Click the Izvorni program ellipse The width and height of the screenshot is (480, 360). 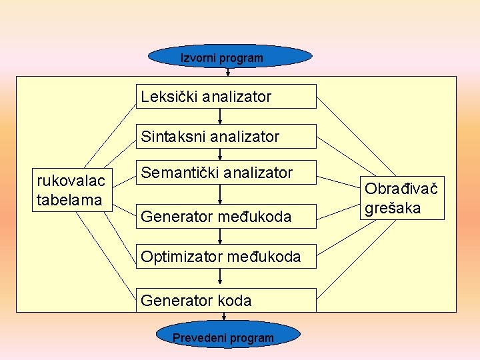pyautogui.click(x=229, y=57)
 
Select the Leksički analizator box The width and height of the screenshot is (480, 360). pyautogui.click(x=226, y=97)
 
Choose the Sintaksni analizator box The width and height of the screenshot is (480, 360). pyautogui.click(x=226, y=137)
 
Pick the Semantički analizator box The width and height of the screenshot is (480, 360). pyautogui.click(x=226, y=173)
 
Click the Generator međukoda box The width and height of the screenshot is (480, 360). pyautogui.click(x=226, y=216)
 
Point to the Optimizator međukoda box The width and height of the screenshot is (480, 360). pyautogui.click(x=226, y=257)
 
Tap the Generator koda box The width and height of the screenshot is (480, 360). pyautogui.click(x=226, y=300)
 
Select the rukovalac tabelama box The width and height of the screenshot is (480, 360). pyautogui.click(x=70, y=190)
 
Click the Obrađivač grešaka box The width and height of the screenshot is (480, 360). pyautogui.click(x=403, y=198)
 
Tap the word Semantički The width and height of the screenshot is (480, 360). pyautogui.click(x=180, y=173)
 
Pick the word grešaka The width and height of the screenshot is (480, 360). pyautogui.click(x=393, y=208)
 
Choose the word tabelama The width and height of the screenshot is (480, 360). pyautogui.click(x=70, y=199)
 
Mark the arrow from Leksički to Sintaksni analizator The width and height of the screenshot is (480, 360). pyautogui.click(x=220, y=117)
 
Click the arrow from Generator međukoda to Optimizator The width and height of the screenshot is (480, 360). pyautogui.click(x=220, y=237)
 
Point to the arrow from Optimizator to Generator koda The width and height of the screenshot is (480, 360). pyautogui.click(x=220, y=278)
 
